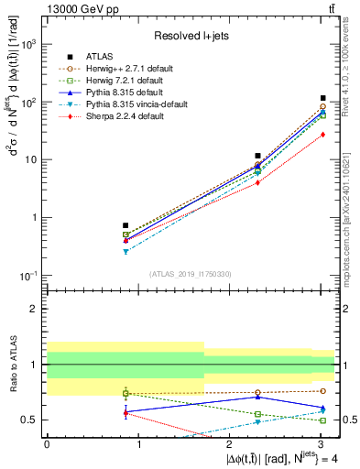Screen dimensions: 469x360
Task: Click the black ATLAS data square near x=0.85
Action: [125, 225]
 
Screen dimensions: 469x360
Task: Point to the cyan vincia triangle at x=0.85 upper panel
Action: [125, 251]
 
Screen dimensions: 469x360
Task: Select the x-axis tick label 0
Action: [47, 444]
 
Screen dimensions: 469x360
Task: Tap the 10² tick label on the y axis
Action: [28, 102]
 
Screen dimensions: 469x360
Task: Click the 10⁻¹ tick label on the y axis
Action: [28, 275]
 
